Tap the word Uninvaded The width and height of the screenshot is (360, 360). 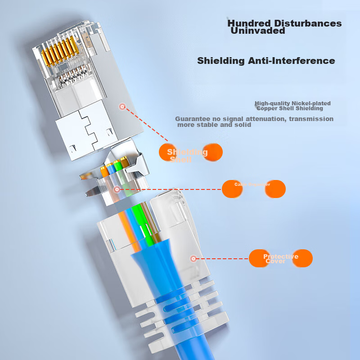point(258,31)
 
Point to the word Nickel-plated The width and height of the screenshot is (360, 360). point(310,103)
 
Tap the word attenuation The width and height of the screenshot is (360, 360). point(262,119)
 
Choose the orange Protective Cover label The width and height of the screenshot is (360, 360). point(280,258)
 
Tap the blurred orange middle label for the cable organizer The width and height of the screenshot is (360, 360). point(253,189)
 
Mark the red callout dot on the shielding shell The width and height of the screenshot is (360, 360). point(121,107)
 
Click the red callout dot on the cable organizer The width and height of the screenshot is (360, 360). point(117,189)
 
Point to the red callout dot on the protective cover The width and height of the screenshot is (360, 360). point(193,258)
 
